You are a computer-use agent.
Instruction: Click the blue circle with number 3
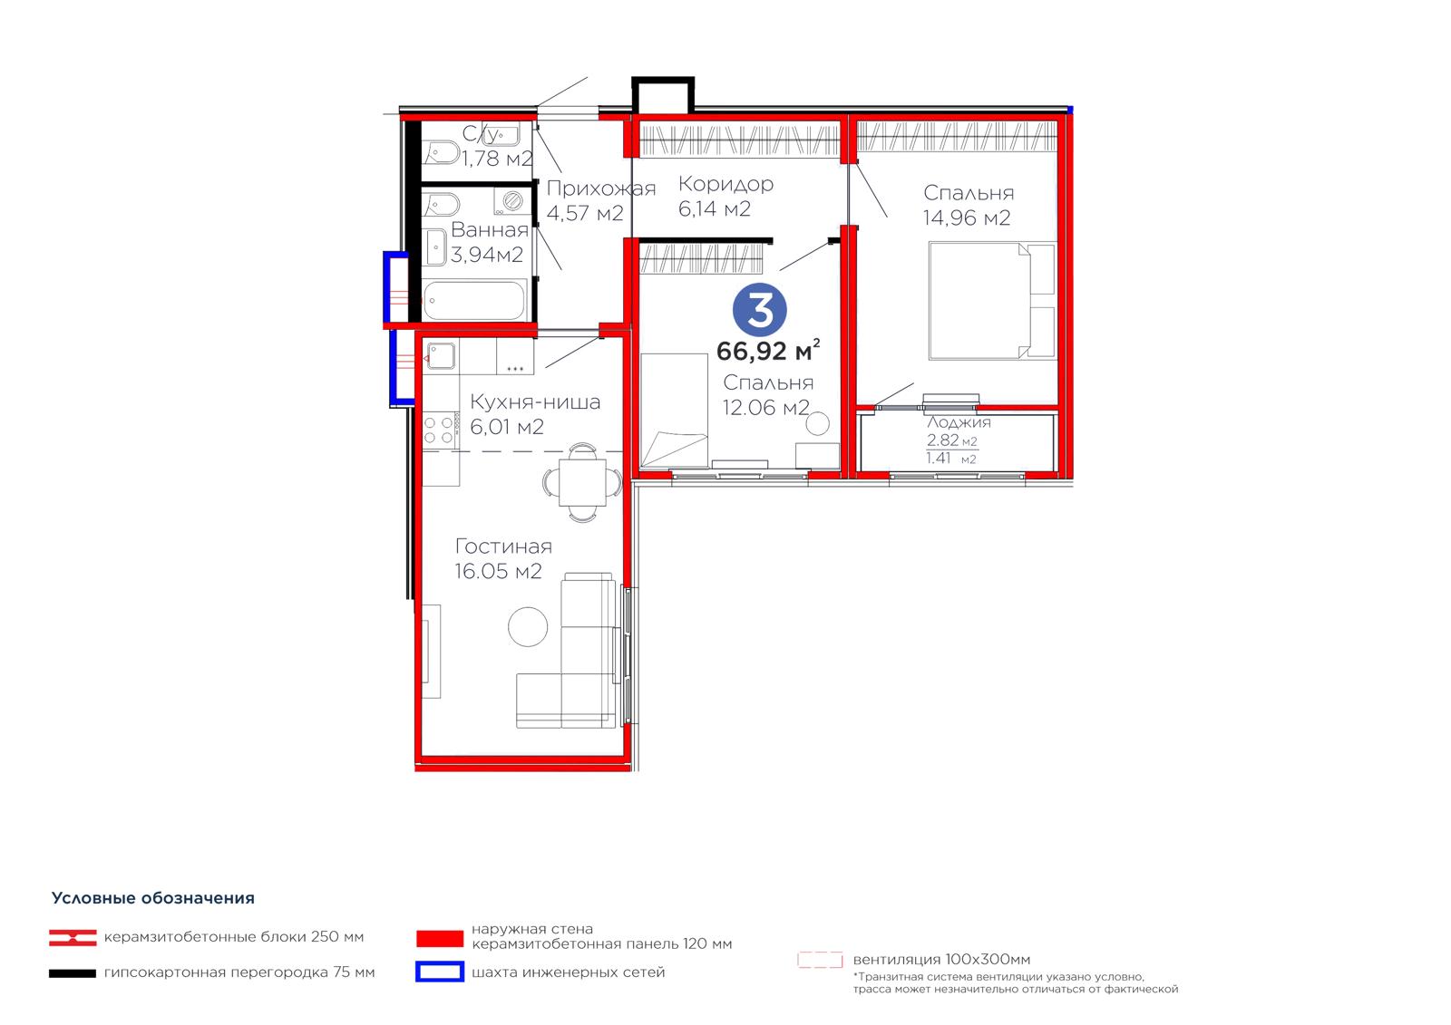[x=760, y=310]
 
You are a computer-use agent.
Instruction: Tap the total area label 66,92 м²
[x=767, y=351]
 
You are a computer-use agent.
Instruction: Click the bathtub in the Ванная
[x=474, y=300]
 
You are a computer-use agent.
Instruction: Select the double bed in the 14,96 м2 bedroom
[x=992, y=301]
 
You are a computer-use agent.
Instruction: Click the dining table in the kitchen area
[x=582, y=482]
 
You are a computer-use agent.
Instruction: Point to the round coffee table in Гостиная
[x=528, y=627]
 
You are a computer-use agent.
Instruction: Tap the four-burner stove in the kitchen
[x=440, y=430]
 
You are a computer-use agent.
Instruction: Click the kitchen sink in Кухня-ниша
[x=440, y=356]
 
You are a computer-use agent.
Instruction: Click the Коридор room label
[x=725, y=184]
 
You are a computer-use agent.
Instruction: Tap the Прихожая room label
[x=601, y=189]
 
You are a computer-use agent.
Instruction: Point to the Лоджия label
[x=959, y=423]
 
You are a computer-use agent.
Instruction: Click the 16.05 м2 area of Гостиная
[x=498, y=571]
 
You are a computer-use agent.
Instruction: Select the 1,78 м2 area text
[x=498, y=158]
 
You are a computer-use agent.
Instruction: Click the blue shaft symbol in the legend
[x=440, y=972]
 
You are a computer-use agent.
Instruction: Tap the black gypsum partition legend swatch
[x=73, y=973]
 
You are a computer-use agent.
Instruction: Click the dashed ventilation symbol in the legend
[x=820, y=960]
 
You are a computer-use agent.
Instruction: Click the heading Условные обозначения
[x=153, y=898]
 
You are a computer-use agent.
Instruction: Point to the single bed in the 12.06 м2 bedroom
[x=674, y=410]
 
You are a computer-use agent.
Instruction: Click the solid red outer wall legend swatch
[x=440, y=938]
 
